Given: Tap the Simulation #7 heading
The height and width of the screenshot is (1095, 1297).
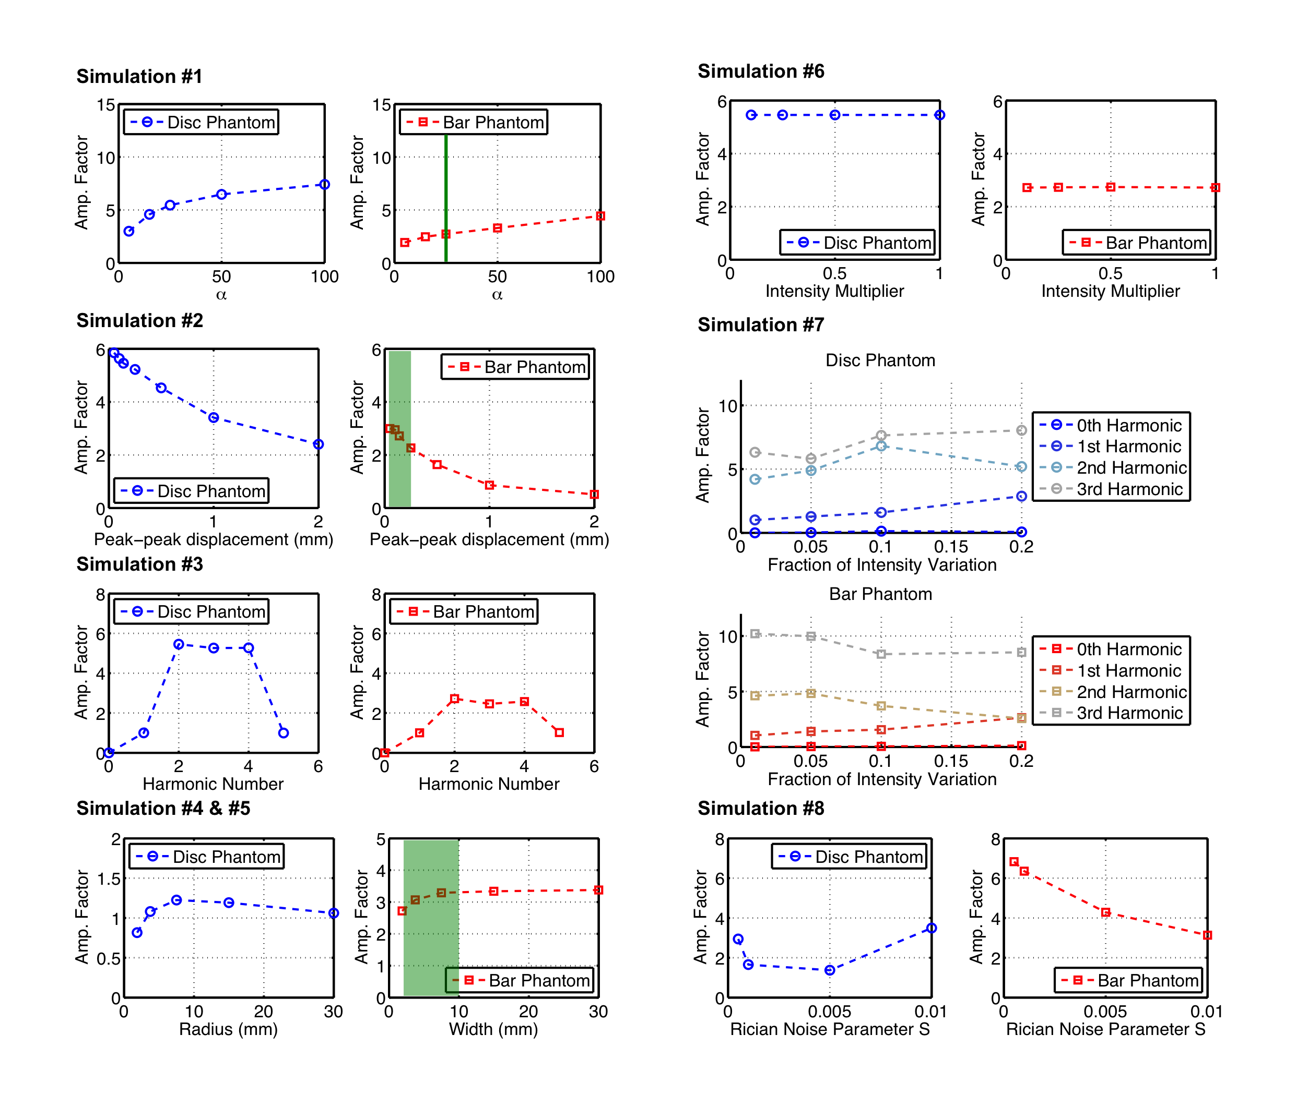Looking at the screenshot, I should click(760, 324).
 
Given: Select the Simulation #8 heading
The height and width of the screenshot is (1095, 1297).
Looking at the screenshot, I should click(760, 808).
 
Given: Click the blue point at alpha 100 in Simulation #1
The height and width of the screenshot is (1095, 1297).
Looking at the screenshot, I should click(324, 184).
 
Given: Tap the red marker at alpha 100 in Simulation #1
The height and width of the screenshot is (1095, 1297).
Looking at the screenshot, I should click(600, 216).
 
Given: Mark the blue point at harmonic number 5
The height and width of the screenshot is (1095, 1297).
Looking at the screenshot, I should click(283, 732).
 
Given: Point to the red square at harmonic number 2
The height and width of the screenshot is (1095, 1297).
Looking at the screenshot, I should click(455, 699).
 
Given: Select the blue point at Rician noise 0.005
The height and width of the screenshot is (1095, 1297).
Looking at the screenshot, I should click(830, 970).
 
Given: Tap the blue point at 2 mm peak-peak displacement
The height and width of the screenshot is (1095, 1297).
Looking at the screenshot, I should click(318, 444).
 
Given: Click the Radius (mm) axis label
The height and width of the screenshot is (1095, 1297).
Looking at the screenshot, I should click(228, 1029).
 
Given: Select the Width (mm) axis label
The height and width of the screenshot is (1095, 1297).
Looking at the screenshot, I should click(493, 1029).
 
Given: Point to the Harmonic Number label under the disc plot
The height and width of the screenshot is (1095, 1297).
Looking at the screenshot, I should click(213, 784).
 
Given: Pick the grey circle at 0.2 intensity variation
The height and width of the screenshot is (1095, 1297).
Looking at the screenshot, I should click(1021, 430).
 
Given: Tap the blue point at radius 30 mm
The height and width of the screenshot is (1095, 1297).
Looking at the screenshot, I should click(334, 913).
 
